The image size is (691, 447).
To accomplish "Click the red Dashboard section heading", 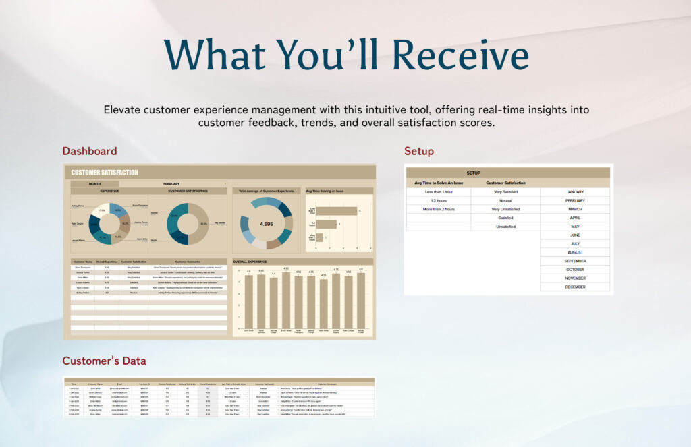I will point(90,151).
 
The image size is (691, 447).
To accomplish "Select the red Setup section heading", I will point(418,151).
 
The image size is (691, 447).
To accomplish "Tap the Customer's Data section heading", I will point(104,361).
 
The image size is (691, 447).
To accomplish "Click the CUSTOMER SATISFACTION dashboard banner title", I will point(105,173).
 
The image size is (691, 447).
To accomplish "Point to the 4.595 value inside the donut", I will point(266,224).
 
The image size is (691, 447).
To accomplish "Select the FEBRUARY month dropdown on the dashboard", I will point(171,183).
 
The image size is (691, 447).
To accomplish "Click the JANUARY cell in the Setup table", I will point(575,192).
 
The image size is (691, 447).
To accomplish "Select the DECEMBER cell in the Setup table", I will point(575,287).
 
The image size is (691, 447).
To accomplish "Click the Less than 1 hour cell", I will point(439,192).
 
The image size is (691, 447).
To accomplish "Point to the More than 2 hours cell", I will point(439,209).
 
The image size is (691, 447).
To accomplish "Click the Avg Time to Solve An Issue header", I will point(439,183).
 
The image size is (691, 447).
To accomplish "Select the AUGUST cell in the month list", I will point(575,252).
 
